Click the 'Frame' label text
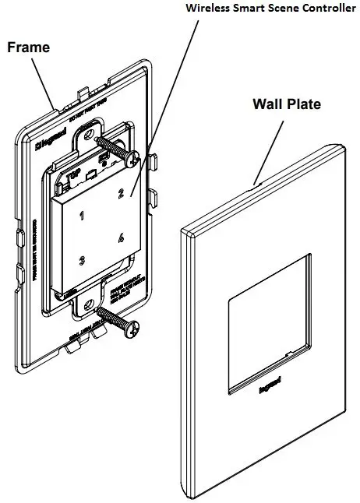click(x=28, y=47)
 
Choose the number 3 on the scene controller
click(x=81, y=260)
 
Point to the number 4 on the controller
click(x=121, y=238)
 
